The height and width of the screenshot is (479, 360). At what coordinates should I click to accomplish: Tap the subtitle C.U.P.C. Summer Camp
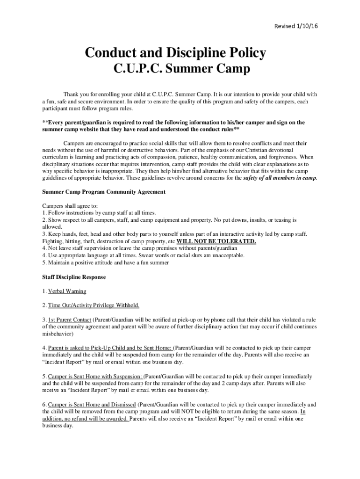coord(182,69)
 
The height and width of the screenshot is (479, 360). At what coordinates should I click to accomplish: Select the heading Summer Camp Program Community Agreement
coord(104,192)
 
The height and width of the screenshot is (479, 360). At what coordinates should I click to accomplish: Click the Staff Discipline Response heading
coord(74,277)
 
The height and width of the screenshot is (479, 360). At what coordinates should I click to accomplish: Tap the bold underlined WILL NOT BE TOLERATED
coord(216,241)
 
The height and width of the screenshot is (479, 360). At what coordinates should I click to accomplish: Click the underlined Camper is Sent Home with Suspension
coord(95,377)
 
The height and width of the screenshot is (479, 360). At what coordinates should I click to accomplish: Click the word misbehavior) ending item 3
coord(58,334)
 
